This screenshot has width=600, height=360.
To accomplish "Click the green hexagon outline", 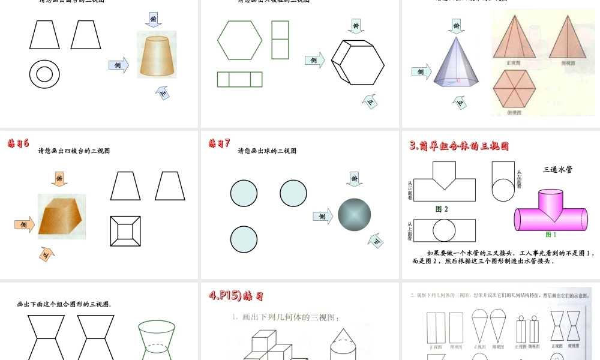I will [x=240, y=40].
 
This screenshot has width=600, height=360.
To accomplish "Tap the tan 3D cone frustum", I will [x=157, y=56].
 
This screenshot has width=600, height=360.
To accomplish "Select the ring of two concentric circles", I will [x=44, y=74].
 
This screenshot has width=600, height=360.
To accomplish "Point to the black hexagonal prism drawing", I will [x=358, y=62].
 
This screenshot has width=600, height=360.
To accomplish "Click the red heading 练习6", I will [x=18, y=143].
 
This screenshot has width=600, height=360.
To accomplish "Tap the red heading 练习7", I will [x=219, y=143].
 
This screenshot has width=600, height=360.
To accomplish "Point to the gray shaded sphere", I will [x=354, y=214].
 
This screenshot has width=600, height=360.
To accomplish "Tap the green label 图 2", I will [x=442, y=209].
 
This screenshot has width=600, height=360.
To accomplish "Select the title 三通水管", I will [x=557, y=170].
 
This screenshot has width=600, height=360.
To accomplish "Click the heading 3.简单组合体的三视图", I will [x=459, y=146].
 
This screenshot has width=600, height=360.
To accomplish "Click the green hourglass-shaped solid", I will [x=156, y=340].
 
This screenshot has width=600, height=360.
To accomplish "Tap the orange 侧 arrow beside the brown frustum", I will [x=24, y=224].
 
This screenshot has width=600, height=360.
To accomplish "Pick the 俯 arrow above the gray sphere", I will [x=355, y=178].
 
